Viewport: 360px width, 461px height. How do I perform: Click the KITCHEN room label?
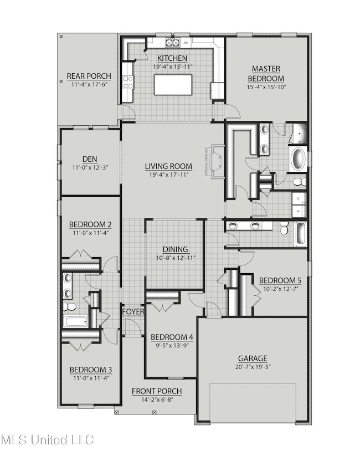click(x=171, y=58)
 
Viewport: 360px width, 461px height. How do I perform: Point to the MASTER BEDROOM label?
click(x=266, y=73)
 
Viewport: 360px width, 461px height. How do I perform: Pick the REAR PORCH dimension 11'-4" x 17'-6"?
click(x=89, y=85)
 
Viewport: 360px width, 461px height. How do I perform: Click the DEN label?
click(x=89, y=158)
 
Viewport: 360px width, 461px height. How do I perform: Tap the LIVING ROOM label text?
click(x=168, y=166)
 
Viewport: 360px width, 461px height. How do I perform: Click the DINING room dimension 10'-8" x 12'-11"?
click(x=175, y=258)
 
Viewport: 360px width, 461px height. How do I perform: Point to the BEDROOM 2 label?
click(x=90, y=224)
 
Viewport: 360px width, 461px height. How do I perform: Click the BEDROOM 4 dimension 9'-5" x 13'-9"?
click(x=172, y=346)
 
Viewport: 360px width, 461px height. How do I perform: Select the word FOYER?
click(x=133, y=311)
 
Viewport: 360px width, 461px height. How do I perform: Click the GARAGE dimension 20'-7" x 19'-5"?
click(x=253, y=367)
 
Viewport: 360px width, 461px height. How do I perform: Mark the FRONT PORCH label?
click(x=157, y=391)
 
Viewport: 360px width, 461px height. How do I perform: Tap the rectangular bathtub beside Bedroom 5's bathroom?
click(x=300, y=233)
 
